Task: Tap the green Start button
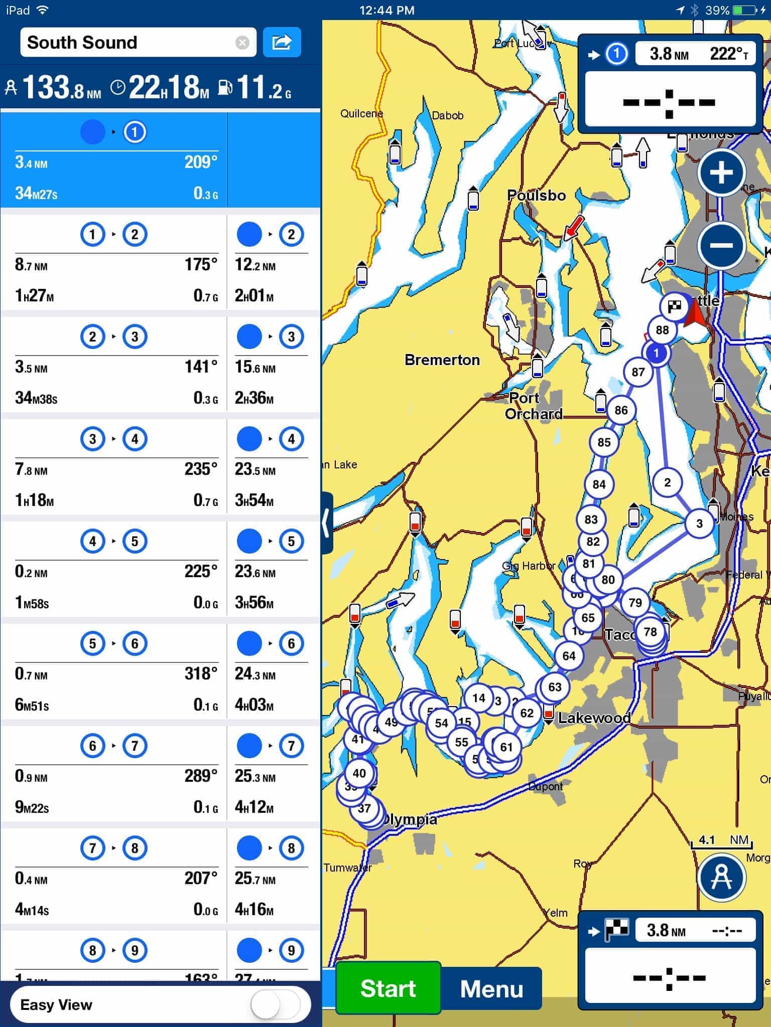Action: tap(388, 988)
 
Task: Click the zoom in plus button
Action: tap(721, 173)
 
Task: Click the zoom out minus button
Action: tap(721, 245)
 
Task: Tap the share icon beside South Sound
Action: tap(282, 42)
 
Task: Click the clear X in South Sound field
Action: tap(242, 43)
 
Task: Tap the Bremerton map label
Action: tap(442, 360)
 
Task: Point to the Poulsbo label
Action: tap(536, 195)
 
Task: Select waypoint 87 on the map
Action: tap(638, 372)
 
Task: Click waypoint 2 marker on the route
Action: tap(667, 482)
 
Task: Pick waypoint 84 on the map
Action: tap(599, 484)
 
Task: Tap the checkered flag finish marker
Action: tap(674, 306)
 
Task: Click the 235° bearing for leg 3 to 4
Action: tap(201, 469)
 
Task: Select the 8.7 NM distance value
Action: tap(31, 265)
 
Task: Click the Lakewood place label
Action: tap(594, 718)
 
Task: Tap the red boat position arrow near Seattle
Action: tap(696, 313)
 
